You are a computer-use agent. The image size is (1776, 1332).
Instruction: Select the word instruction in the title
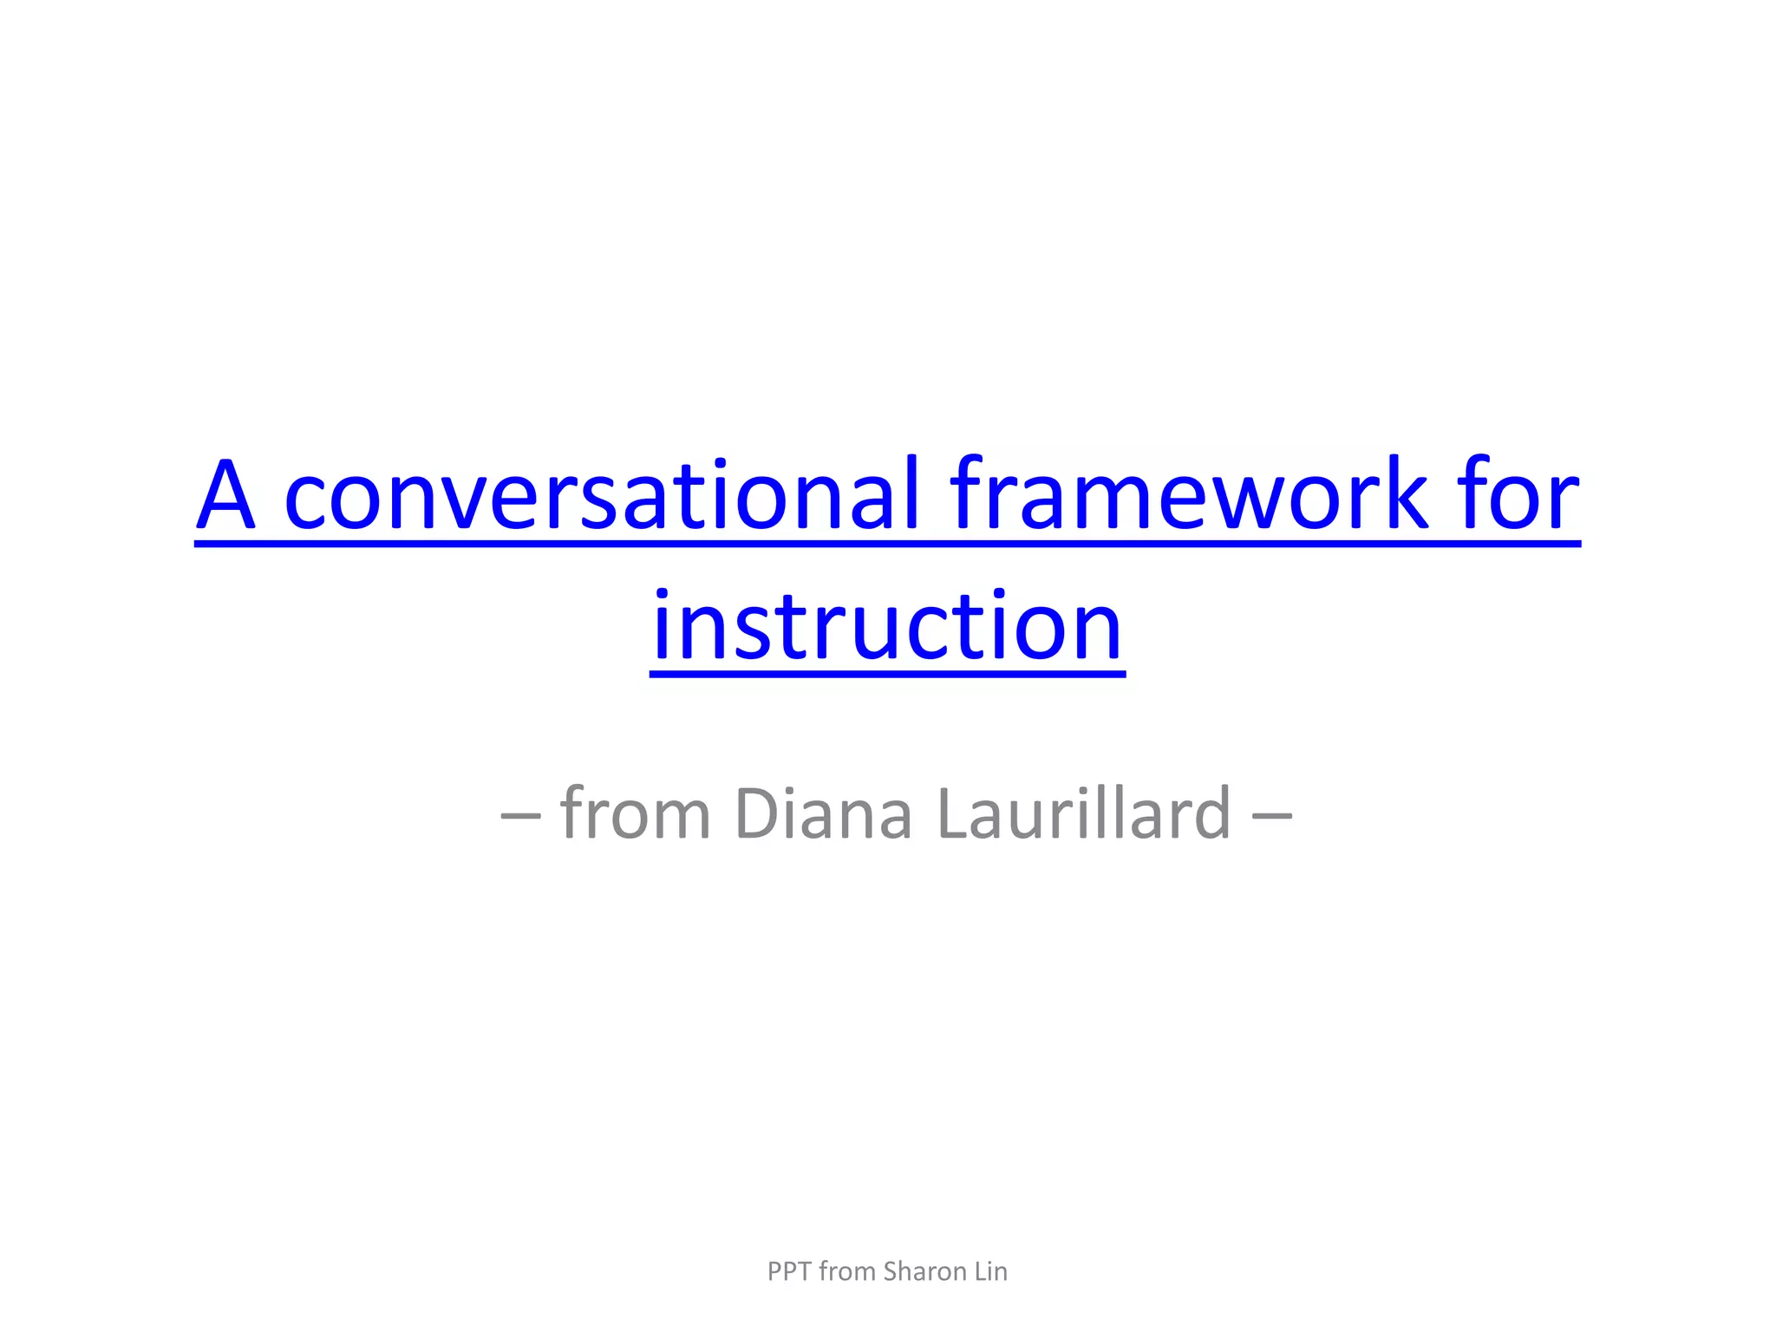(x=887, y=626)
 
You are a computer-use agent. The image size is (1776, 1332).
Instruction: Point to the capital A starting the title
(x=226, y=497)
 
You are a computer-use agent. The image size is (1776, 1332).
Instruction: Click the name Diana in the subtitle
(x=823, y=814)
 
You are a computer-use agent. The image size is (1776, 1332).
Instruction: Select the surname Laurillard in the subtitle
(x=1084, y=814)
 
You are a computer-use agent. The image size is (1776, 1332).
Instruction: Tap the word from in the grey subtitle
(x=636, y=814)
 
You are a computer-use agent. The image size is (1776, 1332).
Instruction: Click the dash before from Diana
(x=520, y=816)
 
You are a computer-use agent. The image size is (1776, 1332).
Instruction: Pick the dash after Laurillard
(x=1272, y=816)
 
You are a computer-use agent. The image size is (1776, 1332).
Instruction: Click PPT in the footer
(x=789, y=1271)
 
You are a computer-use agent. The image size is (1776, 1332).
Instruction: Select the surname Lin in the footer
(x=990, y=1271)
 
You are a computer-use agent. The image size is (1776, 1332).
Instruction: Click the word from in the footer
(x=847, y=1271)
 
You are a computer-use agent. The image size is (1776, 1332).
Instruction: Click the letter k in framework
(x=1405, y=496)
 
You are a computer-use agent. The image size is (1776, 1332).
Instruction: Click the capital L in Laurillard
(x=955, y=814)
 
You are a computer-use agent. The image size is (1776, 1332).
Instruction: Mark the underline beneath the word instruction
(x=887, y=672)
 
